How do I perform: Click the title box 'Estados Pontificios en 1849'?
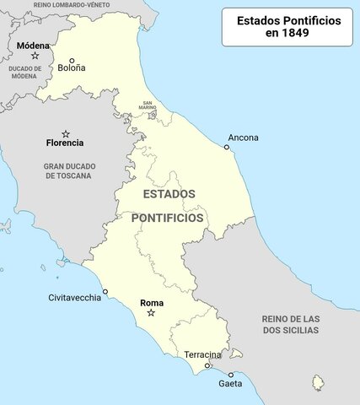tap(287, 27)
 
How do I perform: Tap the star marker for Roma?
tap(151, 313)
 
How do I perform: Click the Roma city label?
tap(152, 302)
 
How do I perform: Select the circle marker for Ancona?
tap(226, 148)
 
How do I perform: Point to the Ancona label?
tap(243, 137)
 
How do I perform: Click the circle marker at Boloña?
tap(72, 61)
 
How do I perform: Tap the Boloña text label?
tap(71, 69)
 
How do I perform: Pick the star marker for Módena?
tap(35, 56)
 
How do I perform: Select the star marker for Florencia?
tap(66, 133)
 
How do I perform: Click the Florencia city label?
tap(65, 143)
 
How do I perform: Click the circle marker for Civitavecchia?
tap(105, 292)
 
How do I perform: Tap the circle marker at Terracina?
tap(207, 365)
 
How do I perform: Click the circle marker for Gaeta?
tap(230, 374)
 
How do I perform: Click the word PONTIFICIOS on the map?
tap(167, 218)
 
